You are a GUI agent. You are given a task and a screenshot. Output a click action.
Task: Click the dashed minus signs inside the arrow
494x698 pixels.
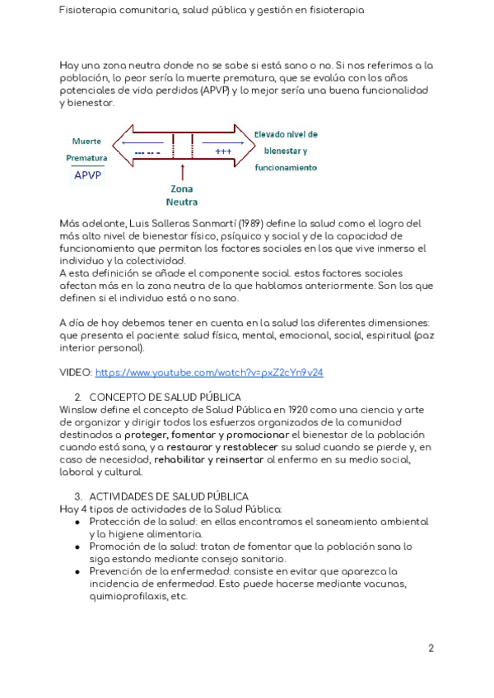coord(147,152)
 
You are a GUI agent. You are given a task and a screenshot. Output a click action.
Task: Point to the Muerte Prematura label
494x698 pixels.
coord(86,148)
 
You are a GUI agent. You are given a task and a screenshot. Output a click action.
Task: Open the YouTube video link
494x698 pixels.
coord(209,372)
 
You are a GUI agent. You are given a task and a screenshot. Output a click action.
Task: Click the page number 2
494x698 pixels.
coord(431,648)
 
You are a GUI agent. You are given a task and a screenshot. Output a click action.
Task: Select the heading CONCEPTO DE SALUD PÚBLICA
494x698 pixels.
coord(165,397)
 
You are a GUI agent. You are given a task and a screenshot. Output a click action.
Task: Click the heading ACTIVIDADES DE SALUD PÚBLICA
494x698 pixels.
coord(168,496)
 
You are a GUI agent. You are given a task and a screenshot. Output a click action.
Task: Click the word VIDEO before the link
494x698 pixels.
coord(76,372)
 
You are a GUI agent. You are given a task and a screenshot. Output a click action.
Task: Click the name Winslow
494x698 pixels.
coord(79,409)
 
